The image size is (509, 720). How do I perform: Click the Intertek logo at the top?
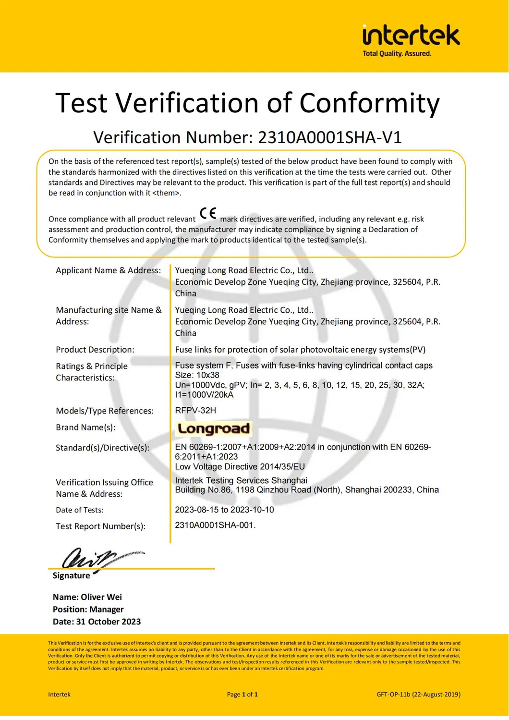pyautogui.click(x=411, y=36)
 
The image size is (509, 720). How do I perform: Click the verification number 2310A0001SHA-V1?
pyautogui.click(x=329, y=137)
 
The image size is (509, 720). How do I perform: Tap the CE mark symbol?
pyautogui.click(x=208, y=213)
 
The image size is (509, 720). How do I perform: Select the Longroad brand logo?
pyautogui.click(x=214, y=428)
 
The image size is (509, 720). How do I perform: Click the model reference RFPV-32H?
pyautogui.click(x=195, y=410)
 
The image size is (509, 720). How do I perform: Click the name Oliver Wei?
pyautogui.click(x=101, y=597)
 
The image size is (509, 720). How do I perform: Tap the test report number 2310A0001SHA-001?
pyautogui.click(x=214, y=525)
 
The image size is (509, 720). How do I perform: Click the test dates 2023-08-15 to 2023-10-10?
pyautogui.click(x=224, y=510)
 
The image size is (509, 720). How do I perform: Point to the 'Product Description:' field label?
pyautogui.click(x=95, y=350)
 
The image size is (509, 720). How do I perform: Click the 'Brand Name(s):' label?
pyautogui.click(x=85, y=427)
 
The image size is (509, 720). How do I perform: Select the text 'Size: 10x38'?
pyautogui.click(x=197, y=375)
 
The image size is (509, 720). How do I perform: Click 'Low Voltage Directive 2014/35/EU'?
pyautogui.click(x=240, y=466)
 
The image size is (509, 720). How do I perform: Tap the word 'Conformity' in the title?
pyautogui.click(x=369, y=103)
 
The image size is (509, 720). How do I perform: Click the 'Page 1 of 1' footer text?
pyautogui.click(x=242, y=694)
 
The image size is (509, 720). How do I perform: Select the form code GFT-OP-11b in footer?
pyautogui.click(x=393, y=694)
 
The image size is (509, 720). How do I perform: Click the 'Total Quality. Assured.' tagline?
pyautogui.click(x=397, y=54)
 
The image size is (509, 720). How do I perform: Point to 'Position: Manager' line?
pyautogui.click(x=88, y=610)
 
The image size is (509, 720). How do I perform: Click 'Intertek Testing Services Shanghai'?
pyautogui.click(x=241, y=480)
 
